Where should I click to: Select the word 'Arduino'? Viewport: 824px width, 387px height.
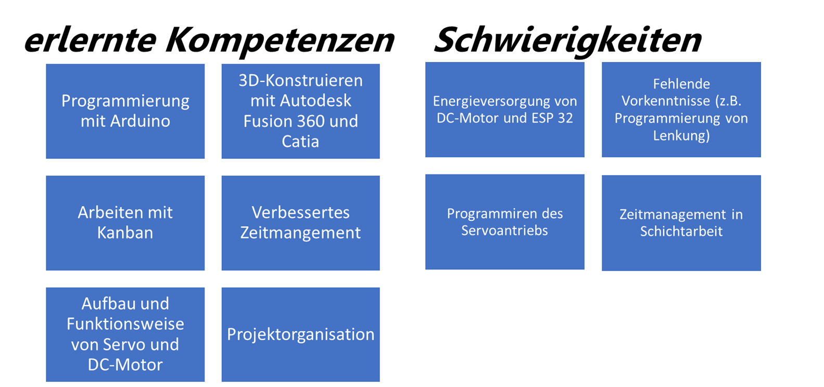point(140,121)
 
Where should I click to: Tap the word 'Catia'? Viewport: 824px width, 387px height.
point(300,142)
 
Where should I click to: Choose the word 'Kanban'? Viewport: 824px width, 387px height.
point(125,233)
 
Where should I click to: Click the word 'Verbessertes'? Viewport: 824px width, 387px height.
point(300,213)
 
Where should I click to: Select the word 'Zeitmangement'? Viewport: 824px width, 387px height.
point(300,233)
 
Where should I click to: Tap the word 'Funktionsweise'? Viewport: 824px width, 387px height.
point(125,324)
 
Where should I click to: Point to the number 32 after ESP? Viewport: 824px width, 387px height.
point(565,118)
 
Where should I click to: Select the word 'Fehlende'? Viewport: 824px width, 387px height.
point(681,84)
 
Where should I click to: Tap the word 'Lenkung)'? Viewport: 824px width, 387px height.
point(681,135)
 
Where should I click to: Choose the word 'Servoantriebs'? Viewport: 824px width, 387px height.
point(504,231)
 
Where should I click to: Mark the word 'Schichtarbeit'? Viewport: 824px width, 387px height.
point(681,232)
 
